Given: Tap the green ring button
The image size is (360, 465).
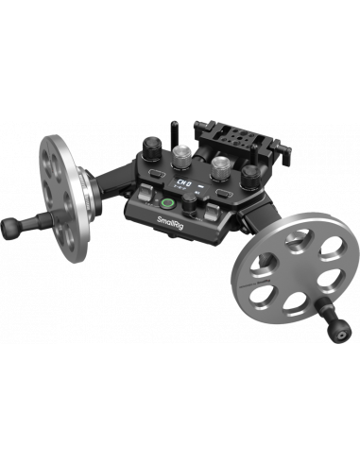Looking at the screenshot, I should (x=167, y=201).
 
